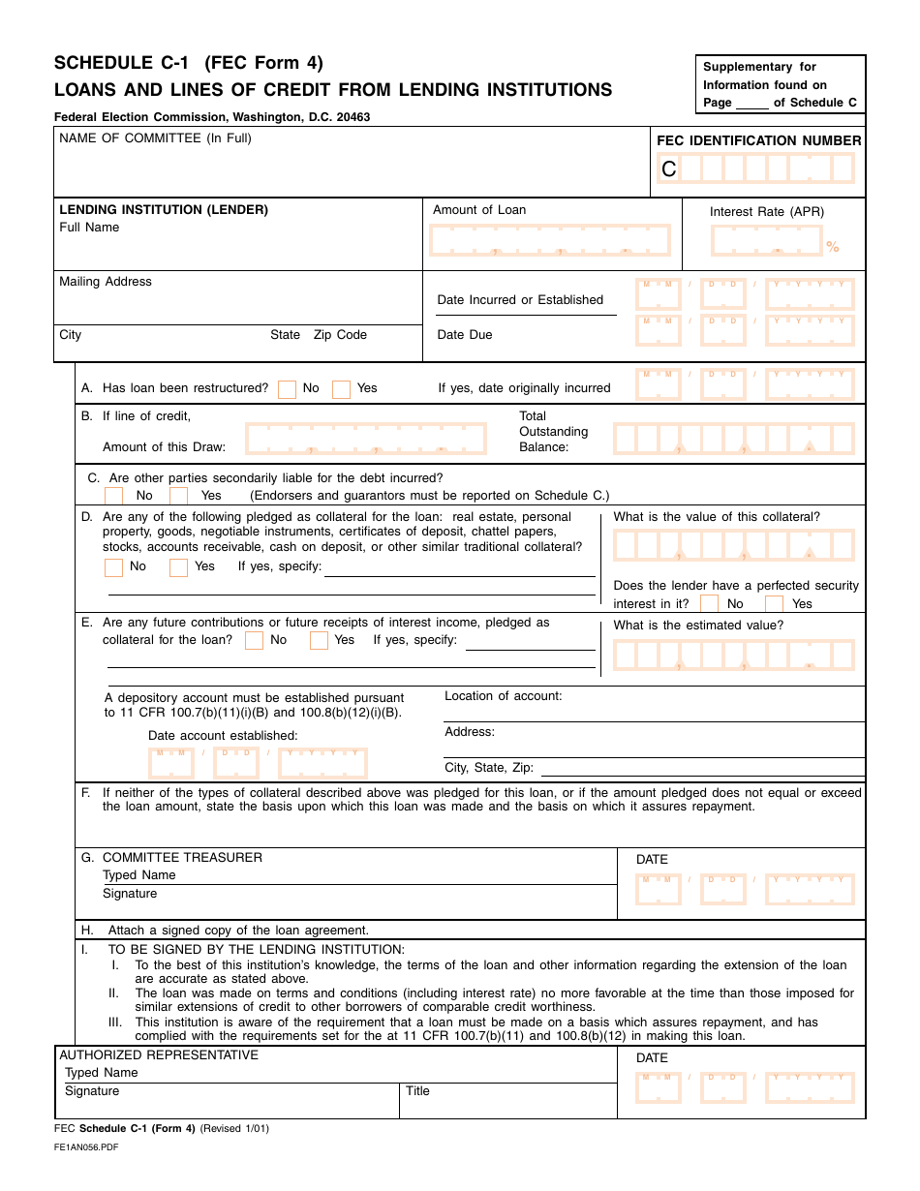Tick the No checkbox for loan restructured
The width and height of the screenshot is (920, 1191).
tap(287, 389)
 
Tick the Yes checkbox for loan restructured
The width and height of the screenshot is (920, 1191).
tap(341, 389)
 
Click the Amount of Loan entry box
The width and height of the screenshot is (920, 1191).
tap(550, 240)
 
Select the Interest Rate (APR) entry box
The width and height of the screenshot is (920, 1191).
tap(766, 240)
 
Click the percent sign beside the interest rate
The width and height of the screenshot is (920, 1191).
tap(833, 247)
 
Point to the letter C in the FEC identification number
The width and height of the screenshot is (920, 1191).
tap(669, 169)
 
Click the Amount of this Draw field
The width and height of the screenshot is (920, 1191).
tap(366, 439)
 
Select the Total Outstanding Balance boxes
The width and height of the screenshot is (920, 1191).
tap(734, 439)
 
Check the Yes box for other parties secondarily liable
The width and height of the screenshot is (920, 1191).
tap(178, 496)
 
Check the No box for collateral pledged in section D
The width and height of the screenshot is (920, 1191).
tap(114, 567)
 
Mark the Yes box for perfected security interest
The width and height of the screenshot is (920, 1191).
tap(774, 604)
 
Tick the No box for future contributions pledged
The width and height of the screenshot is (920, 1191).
tap(254, 641)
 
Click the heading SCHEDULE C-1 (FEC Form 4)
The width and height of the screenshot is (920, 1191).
tap(189, 64)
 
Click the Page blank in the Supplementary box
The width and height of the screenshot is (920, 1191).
tap(751, 104)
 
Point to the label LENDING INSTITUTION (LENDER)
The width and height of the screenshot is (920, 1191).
tap(164, 209)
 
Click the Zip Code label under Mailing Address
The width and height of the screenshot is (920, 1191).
tap(340, 335)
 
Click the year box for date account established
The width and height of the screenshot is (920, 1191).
tap(322, 764)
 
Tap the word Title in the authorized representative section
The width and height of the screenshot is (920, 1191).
tap(417, 1091)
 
